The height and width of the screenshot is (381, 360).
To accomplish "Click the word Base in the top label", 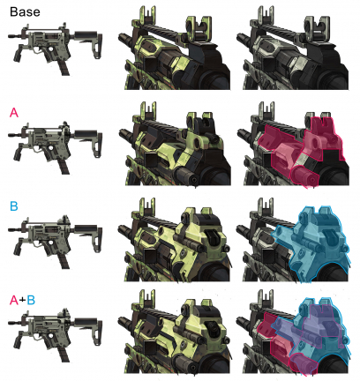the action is (x=25, y=11).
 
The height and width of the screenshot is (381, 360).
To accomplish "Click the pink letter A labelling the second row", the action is (x=14, y=112).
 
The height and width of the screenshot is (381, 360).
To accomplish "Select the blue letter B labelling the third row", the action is (x=14, y=206).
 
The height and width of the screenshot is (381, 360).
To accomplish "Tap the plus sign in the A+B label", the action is (x=22, y=301).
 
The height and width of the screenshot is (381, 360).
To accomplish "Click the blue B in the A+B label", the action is (x=31, y=300).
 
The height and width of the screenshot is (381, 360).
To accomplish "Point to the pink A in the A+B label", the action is (x=14, y=300).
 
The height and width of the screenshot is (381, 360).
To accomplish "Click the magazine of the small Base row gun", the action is (x=64, y=68).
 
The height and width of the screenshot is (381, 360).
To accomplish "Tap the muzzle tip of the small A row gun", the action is (x=10, y=135).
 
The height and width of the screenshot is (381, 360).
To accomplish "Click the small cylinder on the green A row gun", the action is (x=186, y=176).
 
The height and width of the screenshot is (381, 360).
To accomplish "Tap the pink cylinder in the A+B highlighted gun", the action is (x=304, y=364).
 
